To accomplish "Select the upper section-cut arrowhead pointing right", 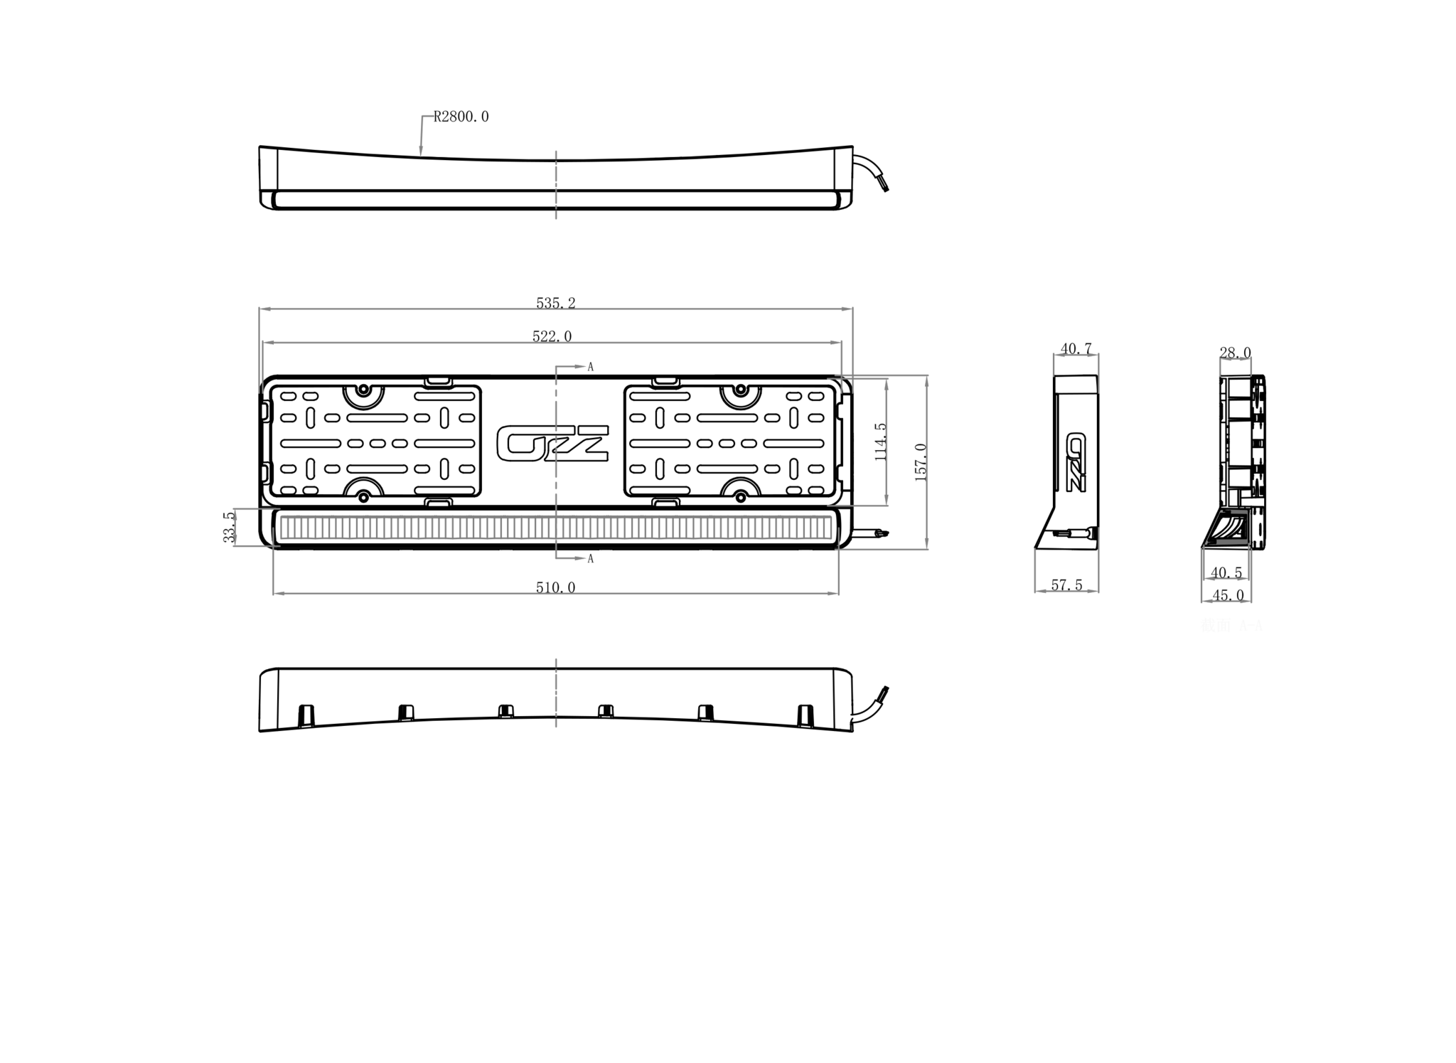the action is point(580,367).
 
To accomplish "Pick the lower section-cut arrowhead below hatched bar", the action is point(580,558).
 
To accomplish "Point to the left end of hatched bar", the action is point(282,528).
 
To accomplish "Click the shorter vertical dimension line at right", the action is point(887,441).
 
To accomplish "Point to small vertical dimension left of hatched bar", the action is point(235,528).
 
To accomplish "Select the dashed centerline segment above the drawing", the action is point(555,185).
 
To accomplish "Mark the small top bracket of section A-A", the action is point(1236,365).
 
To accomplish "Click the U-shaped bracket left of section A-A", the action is point(1066,569).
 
